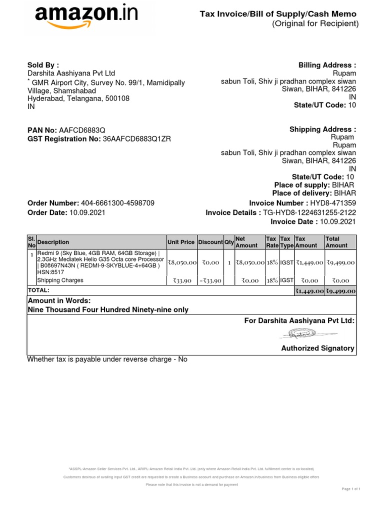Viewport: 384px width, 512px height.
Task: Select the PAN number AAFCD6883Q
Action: (x=82, y=130)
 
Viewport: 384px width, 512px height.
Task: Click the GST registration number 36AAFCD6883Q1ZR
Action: (x=136, y=139)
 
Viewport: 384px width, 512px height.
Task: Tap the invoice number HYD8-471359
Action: (x=333, y=203)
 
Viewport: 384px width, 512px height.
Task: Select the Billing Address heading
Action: (x=327, y=65)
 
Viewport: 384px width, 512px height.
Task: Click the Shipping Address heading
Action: (x=322, y=129)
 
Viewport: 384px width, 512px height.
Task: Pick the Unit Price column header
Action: (x=181, y=242)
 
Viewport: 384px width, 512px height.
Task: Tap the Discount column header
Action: (x=210, y=242)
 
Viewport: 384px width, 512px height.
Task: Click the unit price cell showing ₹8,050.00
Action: (x=181, y=262)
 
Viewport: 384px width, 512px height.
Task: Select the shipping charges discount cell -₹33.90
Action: (x=210, y=281)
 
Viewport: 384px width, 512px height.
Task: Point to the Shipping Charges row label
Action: (x=60, y=280)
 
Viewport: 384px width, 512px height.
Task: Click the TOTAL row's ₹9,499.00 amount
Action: (x=340, y=290)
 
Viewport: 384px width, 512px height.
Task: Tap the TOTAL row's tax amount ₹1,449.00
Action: (x=309, y=290)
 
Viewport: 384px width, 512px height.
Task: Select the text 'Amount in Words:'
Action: (x=59, y=300)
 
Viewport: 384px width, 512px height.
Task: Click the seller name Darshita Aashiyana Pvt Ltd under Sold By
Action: (x=71, y=73)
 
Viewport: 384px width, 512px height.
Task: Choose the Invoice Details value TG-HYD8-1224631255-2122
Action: (x=309, y=212)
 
